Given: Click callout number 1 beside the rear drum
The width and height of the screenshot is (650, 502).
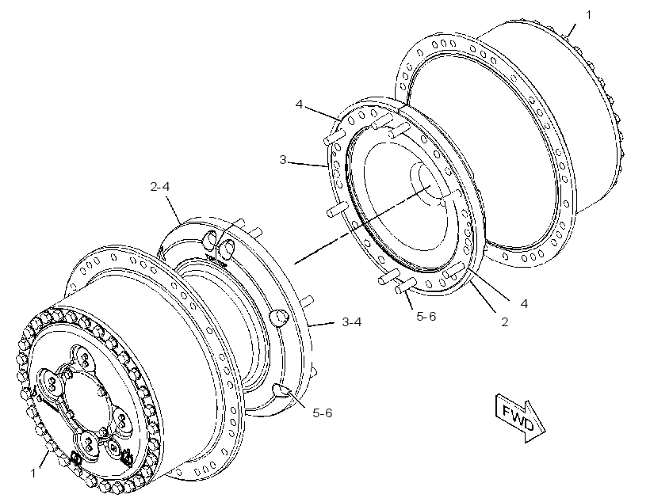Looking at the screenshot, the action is tap(588, 15).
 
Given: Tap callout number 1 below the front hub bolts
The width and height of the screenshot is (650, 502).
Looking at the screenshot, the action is tap(33, 473).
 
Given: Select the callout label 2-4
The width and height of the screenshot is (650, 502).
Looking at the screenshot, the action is tap(160, 187).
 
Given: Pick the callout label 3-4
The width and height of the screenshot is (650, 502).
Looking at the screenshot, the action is tap(351, 321).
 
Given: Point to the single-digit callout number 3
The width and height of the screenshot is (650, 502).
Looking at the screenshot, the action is tap(283, 159).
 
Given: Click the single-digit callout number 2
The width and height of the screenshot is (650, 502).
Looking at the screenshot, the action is tap(504, 321).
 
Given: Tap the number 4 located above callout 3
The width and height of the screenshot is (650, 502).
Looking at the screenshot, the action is tap(299, 104).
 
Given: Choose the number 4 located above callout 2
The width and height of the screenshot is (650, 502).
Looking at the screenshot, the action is tap(524, 303).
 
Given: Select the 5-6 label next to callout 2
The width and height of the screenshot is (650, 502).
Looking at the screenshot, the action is tap(426, 317).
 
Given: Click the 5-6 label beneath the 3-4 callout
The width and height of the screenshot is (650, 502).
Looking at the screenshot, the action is tap(323, 413).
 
